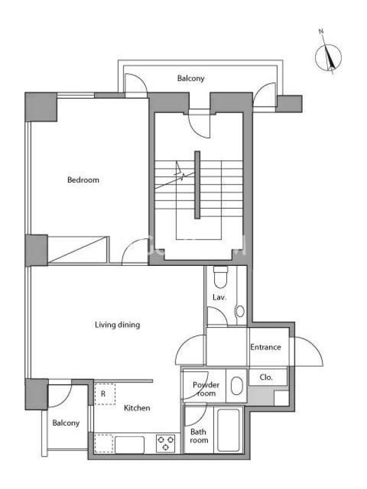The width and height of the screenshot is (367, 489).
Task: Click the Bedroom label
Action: (83, 180)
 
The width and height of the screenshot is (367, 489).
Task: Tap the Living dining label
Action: (117, 325)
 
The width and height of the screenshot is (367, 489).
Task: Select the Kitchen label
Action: (136, 408)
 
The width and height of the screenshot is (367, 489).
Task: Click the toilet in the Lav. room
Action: (221, 277)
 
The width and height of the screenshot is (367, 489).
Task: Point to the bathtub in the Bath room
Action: (228, 430)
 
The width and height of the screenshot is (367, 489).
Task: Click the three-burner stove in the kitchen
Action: (165, 443)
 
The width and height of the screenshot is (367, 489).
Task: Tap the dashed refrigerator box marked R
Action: (105, 394)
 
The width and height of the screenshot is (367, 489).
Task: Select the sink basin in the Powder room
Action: (237, 386)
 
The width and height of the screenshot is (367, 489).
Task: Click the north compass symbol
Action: (328, 57)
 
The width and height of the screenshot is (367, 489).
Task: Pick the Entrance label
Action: (265, 347)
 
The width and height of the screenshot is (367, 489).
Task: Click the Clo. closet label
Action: (266, 377)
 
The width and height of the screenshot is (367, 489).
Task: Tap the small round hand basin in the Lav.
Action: (240, 311)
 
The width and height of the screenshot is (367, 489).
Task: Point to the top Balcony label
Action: (191, 78)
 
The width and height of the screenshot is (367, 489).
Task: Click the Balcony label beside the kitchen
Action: (66, 423)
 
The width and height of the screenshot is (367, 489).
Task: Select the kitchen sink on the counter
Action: (130, 445)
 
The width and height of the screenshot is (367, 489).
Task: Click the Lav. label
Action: (220, 298)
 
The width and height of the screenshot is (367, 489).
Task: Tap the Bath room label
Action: (198, 436)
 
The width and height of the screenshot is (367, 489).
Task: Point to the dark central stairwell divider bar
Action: (197, 185)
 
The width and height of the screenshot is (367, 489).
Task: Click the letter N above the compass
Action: (321, 31)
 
